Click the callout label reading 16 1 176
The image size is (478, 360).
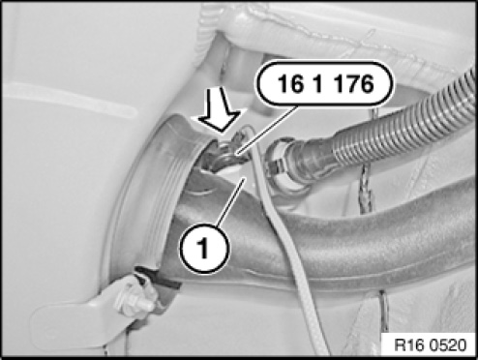325,83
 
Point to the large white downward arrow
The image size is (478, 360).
220,109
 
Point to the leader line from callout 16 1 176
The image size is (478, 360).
268,131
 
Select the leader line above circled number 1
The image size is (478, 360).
230,202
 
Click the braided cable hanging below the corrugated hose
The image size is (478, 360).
366,187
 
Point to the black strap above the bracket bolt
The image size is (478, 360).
158,278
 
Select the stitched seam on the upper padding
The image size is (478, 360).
339,36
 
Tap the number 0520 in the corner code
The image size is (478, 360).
447,345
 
